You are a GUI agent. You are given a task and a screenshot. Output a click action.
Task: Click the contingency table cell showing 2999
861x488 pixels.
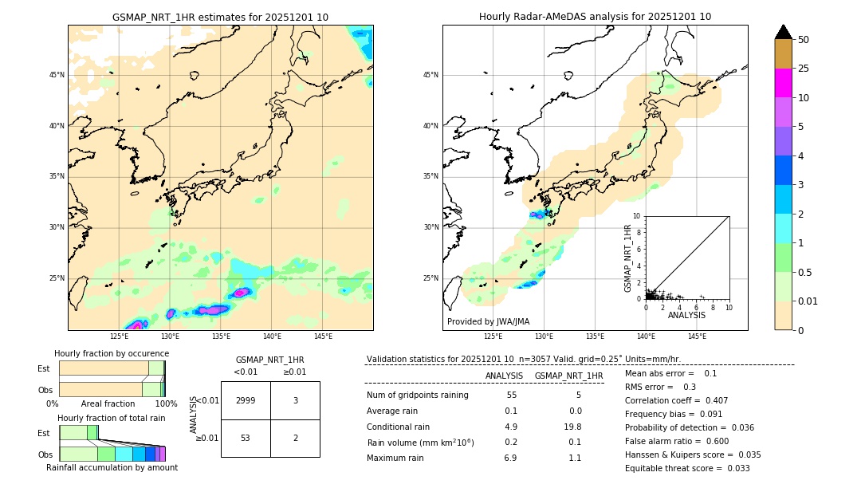tap(246, 400)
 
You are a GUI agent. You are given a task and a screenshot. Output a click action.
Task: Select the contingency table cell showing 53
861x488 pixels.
tap(246, 438)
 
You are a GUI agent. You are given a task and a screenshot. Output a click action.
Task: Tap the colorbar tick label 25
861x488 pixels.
tap(804, 69)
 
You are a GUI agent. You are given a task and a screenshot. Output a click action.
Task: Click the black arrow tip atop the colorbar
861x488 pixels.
tap(784, 31)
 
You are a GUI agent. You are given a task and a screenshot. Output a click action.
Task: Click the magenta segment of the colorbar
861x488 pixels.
tap(784, 83)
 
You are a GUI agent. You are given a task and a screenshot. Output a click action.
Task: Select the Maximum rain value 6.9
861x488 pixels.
tap(510, 458)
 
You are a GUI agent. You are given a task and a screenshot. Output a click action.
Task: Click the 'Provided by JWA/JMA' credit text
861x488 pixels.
tap(488, 322)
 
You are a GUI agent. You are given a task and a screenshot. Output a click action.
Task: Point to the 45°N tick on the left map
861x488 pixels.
tap(57, 75)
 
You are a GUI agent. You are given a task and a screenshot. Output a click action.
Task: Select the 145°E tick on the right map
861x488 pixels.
tap(697, 336)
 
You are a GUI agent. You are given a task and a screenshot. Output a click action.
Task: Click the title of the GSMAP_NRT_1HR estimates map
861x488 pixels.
tap(220, 17)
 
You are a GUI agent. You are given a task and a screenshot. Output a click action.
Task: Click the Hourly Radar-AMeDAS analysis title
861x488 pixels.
tap(595, 17)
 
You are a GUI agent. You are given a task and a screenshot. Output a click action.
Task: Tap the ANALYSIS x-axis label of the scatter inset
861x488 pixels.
tap(686, 315)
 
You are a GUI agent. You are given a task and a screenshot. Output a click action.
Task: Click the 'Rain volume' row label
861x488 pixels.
tap(420, 443)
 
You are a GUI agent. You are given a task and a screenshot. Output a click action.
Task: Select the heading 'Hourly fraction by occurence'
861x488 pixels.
tap(112, 353)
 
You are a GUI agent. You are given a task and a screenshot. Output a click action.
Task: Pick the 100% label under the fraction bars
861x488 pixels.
tap(166, 404)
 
